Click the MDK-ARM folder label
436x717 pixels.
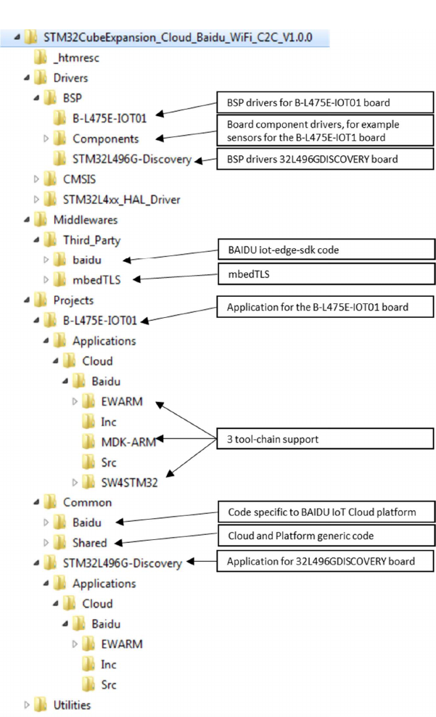click(x=128, y=441)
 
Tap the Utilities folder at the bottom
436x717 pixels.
click(x=73, y=705)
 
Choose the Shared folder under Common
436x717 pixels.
click(x=90, y=542)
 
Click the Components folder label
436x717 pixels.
click(x=106, y=138)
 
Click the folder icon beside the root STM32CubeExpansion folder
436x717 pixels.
click(x=30, y=37)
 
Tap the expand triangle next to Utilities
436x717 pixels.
click(x=28, y=705)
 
